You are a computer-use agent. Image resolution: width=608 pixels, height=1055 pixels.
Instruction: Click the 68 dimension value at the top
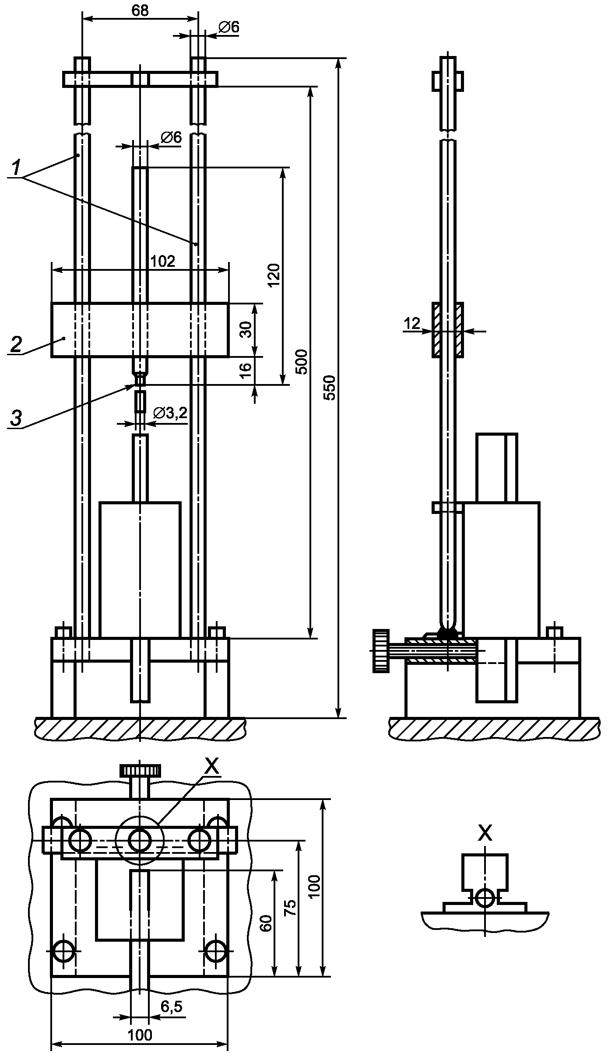click(x=140, y=10)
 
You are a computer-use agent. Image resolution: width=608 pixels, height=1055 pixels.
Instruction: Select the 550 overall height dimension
click(x=330, y=388)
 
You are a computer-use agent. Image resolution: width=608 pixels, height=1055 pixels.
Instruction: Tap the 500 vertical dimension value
click(x=302, y=362)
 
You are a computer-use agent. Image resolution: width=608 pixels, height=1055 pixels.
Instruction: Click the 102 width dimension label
click(x=162, y=262)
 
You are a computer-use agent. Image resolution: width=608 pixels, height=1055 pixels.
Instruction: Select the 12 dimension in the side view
click(x=412, y=324)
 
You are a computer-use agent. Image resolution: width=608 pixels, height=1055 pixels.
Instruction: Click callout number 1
click(x=16, y=168)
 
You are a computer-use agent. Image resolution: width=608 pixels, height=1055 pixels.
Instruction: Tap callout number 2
click(x=15, y=345)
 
